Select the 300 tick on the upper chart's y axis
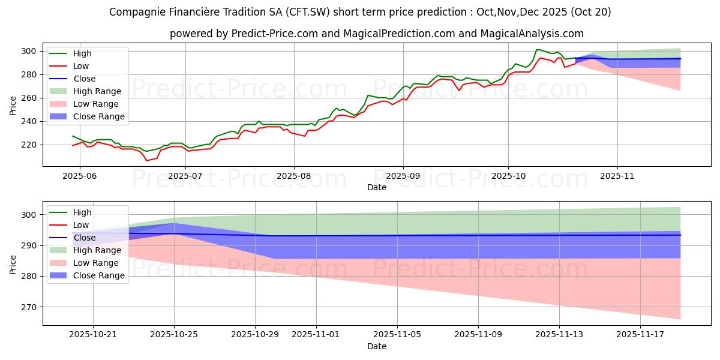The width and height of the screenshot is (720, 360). (x=31, y=51)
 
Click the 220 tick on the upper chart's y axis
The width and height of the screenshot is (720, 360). (x=31, y=145)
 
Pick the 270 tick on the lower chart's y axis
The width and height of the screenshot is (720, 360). (x=31, y=307)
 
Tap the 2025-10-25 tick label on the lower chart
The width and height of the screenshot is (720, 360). (x=174, y=334)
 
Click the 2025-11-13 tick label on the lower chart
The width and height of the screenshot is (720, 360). (x=559, y=334)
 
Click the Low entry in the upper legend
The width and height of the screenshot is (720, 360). (x=80, y=66)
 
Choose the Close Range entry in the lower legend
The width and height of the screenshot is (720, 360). (x=98, y=275)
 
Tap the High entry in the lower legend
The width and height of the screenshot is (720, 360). (x=82, y=212)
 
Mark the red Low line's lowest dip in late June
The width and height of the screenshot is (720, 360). (x=146, y=160)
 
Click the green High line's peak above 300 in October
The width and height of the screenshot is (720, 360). (x=538, y=50)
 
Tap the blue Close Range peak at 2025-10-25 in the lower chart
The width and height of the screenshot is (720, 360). (x=174, y=223)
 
